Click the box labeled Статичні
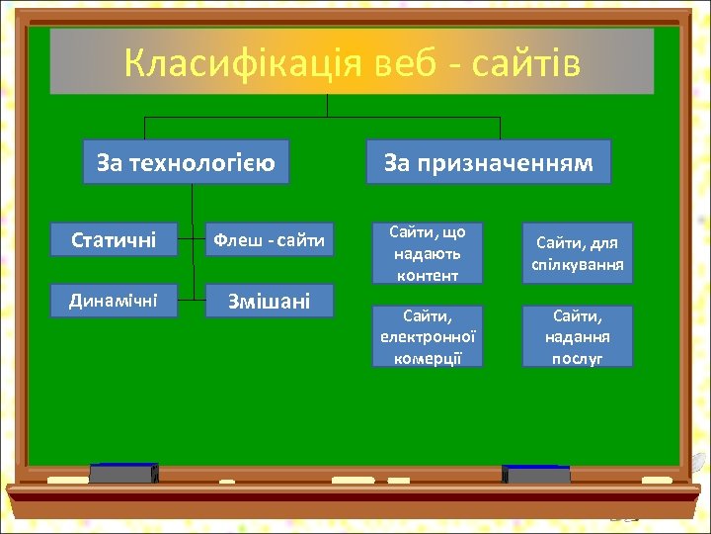(x=114, y=239)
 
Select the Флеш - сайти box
(x=269, y=239)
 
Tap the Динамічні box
(x=114, y=300)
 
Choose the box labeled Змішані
(x=269, y=301)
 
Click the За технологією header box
(x=186, y=162)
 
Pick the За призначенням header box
(x=488, y=162)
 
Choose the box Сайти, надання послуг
(x=577, y=336)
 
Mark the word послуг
(x=577, y=358)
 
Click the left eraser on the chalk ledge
(x=123, y=474)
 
